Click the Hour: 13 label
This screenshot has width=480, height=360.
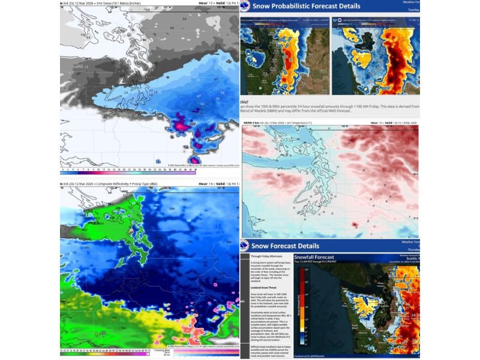pos(205,3)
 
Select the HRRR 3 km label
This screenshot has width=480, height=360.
pos(251,122)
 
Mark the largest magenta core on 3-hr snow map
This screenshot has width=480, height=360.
pos(179,125)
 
